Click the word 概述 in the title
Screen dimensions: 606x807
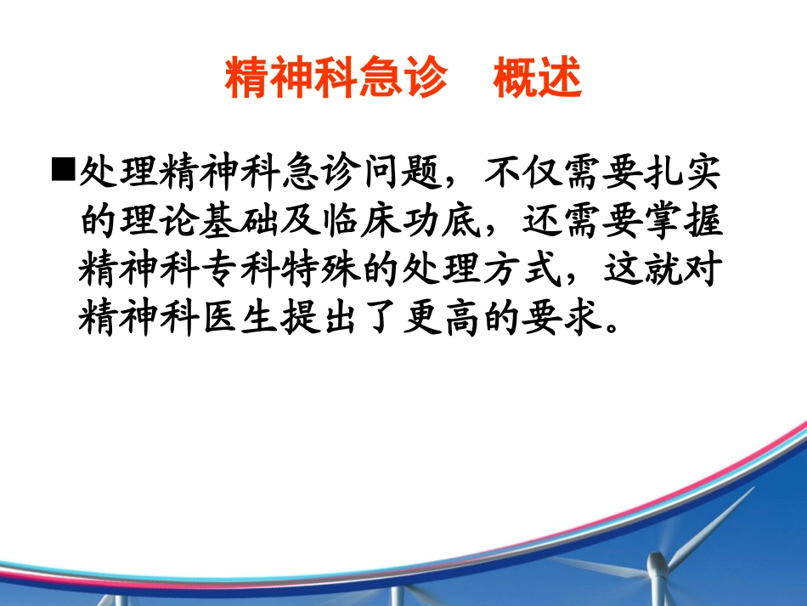click(x=538, y=81)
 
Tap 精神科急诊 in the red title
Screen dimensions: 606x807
click(x=336, y=81)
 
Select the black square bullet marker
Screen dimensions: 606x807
click(x=64, y=173)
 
